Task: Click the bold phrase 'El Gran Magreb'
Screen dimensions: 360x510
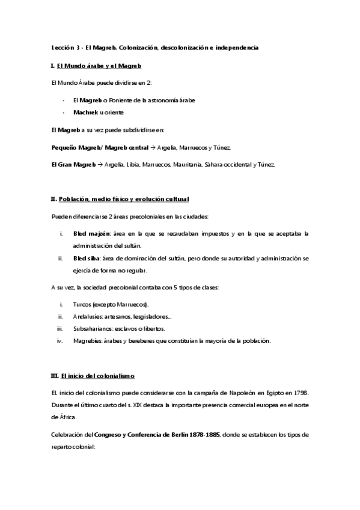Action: point(73,164)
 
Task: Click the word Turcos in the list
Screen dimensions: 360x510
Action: point(82,305)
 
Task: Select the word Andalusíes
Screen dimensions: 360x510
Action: point(88,317)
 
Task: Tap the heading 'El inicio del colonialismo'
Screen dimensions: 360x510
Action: point(97,376)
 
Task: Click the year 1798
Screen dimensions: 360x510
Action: point(299,393)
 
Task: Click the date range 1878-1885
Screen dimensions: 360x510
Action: point(203,434)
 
